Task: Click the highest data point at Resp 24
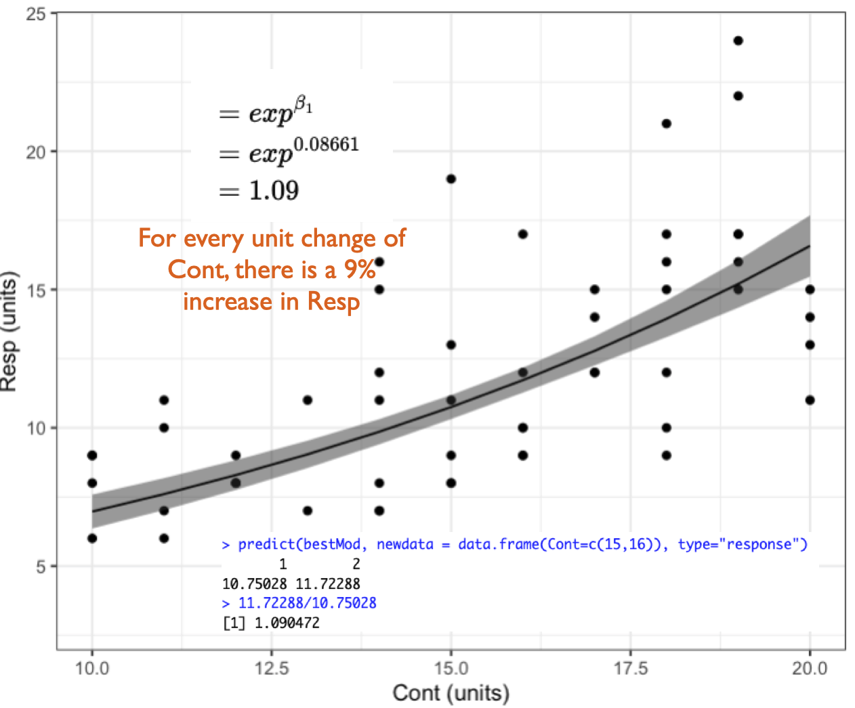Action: point(738,41)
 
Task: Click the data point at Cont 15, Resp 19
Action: point(451,179)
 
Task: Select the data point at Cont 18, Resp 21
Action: point(666,123)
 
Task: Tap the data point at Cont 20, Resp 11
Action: point(810,400)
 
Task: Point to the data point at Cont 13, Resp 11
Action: point(308,400)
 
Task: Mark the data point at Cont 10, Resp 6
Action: point(92,538)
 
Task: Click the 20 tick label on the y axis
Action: point(36,152)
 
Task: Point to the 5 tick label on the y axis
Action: point(41,567)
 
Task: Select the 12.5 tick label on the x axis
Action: point(271,669)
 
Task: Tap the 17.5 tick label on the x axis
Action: point(630,669)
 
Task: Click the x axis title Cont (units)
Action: point(451,693)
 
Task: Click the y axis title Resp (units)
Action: point(9,332)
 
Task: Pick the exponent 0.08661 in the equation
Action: point(326,144)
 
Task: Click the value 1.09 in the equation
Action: point(274,191)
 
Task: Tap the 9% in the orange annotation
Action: point(359,269)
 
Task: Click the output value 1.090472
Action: point(287,623)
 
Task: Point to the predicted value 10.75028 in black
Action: point(254,583)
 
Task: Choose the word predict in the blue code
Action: point(266,544)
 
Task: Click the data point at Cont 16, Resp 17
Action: point(522,234)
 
